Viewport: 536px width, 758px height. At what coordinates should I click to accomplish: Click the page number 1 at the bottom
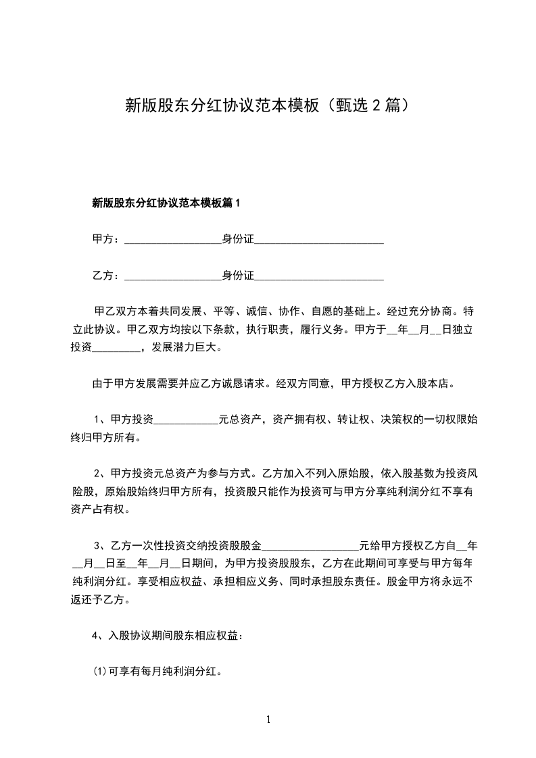pyautogui.click(x=268, y=719)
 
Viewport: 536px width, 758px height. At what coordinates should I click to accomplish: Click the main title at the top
pyautogui.click(x=268, y=106)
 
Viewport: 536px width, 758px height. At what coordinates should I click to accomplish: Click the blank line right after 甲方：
pyautogui.click(x=174, y=241)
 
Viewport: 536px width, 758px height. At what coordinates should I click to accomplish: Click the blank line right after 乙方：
pyautogui.click(x=174, y=278)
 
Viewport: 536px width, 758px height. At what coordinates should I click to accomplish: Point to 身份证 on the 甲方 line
pyautogui.click(x=238, y=239)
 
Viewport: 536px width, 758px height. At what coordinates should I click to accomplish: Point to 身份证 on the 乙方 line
pyautogui.click(x=238, y=276)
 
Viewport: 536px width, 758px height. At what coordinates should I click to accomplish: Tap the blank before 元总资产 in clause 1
pyautogui.click(x=187, y=421)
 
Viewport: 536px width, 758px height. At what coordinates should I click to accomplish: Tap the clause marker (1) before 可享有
pyautogui.click(x=99, y=672)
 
